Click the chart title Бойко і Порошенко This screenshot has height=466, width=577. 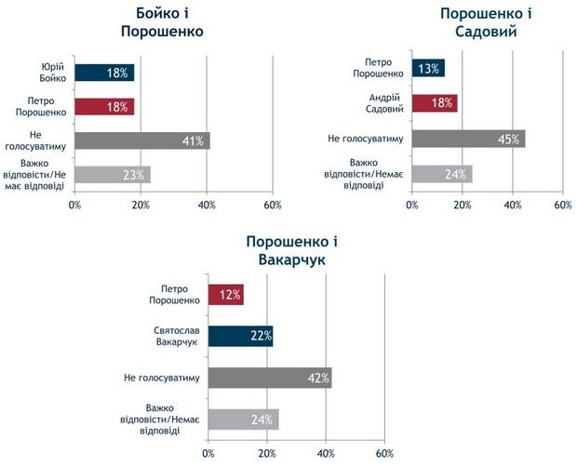tap(160, 21)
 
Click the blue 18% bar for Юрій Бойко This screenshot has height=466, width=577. tap(104, 73)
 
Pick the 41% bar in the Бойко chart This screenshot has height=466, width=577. tap(141, 140)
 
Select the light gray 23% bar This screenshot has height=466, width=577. tap(112, 174)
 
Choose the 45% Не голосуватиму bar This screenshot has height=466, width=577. tap(468, 139)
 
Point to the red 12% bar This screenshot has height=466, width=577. tap(225, 295)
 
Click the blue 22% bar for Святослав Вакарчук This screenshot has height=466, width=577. tap(240, 336)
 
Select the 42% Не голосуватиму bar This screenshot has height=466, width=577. tap(270, 378)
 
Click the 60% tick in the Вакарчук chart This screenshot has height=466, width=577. tap(384, 454)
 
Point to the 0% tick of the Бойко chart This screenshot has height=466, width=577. tap(74, 205)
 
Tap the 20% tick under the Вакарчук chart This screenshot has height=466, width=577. tap(266, 454)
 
